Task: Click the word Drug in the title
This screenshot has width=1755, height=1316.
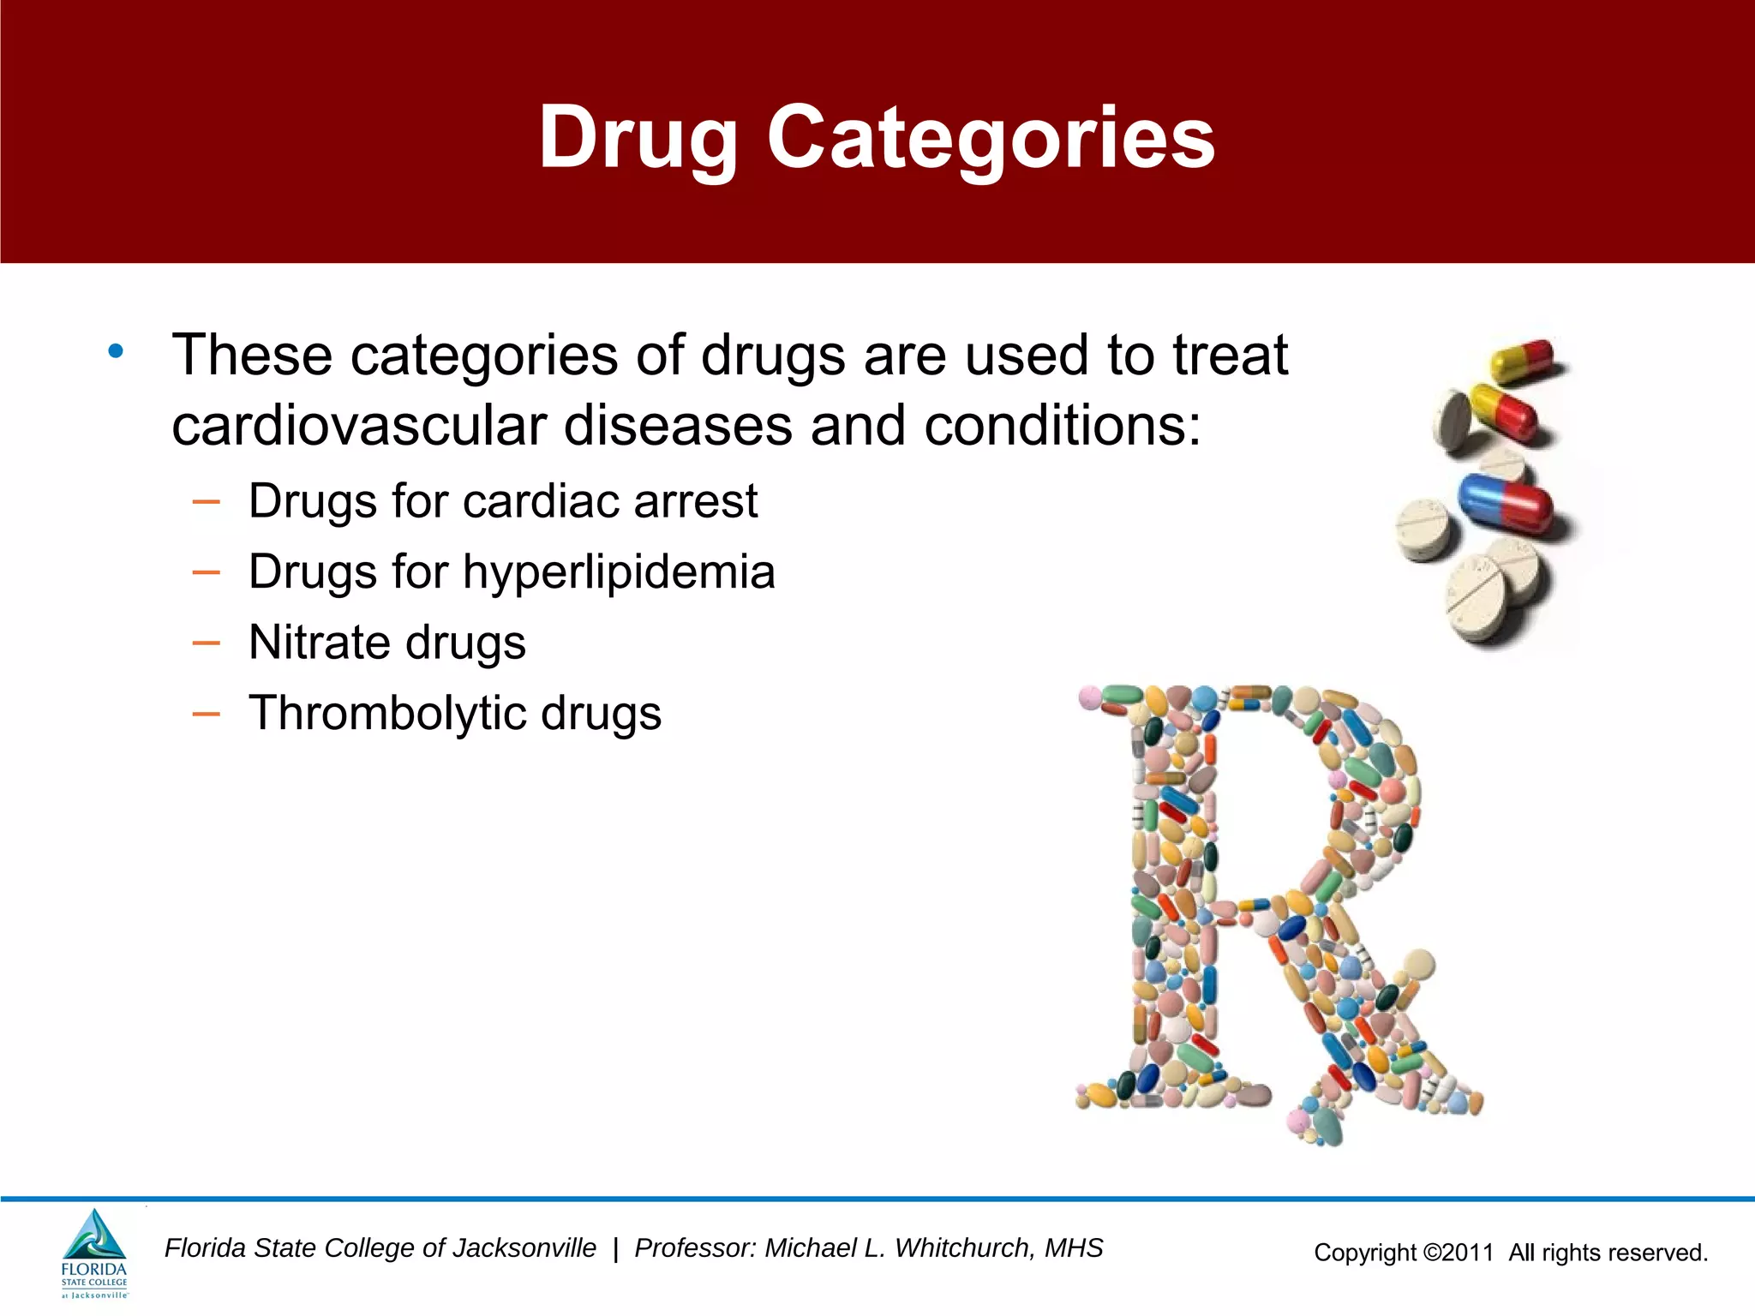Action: [x=638, y=137]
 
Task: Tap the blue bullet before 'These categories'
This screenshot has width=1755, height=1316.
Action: [x=116, y=350]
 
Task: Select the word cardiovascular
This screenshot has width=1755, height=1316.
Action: [x=359, y=426]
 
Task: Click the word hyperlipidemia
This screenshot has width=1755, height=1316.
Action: [x=619, y=571]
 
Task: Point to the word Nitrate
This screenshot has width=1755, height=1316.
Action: [x=318, y=643]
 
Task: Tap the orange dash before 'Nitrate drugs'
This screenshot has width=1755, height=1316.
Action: [x=207, y=643]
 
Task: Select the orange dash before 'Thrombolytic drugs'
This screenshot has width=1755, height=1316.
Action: [x=207, y=714]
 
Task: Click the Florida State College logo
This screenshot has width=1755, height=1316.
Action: [x=94, y=1253]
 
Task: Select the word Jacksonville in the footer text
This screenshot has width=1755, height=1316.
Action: [x=524, y=1248]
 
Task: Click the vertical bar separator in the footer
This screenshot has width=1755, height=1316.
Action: [x=615, y=1249]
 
